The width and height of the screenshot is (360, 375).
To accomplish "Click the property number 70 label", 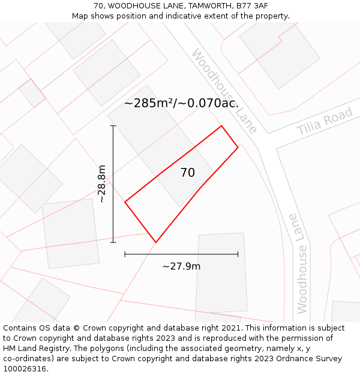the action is [x=187, y=173].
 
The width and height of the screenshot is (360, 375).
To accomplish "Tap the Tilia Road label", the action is [x=325, y=122].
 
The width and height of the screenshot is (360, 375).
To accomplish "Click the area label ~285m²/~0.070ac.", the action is [x=181, y=103].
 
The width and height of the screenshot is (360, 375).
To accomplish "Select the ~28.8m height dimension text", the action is [x=102, y=184].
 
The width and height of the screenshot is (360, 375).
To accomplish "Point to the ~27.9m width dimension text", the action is [x=181, y=266].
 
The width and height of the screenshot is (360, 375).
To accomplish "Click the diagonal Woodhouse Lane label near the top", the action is [x=224, y=91].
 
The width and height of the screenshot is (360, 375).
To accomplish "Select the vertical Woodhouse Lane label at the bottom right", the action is [x=301, y=263].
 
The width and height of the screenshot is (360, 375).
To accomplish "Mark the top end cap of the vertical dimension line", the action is [x=113, y=126].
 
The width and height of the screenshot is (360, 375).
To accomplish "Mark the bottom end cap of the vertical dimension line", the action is [x=113, y=242].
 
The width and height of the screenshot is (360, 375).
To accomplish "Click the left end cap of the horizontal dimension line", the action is [x=125, y=254].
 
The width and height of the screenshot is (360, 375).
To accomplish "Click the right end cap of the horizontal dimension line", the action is [x=238, y=254].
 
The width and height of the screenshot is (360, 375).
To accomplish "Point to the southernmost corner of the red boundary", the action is [x=155, y=242].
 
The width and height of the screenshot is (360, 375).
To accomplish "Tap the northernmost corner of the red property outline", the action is [x=221, y=125].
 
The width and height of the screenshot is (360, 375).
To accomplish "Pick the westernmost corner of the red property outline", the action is [x=125, y=202].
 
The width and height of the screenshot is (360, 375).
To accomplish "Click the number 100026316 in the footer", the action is [x=25, y=369].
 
